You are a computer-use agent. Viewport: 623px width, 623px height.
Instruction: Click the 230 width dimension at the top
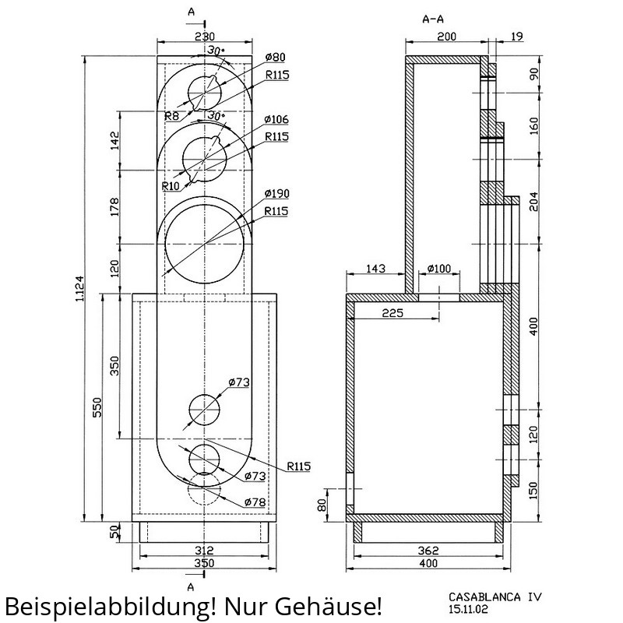coord(204,37)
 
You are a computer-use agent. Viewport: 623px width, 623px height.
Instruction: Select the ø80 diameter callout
coord(275,57)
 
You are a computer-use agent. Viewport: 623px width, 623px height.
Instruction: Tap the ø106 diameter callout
coord(276,119)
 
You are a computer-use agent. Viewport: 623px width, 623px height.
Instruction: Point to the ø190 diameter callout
coord(277,193)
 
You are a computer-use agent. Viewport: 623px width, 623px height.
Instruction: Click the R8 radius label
coord(171,116)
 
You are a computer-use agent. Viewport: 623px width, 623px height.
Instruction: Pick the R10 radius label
coord(171,185)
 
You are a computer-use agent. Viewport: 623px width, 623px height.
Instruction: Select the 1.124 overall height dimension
coord(79,288)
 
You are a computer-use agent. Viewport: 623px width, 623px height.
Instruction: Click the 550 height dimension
coord(97,407)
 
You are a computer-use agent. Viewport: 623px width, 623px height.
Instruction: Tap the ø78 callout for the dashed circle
coord(255,502)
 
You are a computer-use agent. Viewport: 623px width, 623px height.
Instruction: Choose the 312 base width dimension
coord(204,551)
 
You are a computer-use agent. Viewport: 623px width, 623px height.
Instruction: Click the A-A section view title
coord(433,19)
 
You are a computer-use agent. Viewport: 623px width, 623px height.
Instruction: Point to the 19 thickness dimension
coord(516,37)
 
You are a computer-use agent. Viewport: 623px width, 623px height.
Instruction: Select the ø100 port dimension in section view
coord(439,269)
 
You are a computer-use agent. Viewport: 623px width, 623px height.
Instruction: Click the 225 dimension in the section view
coord(392,313)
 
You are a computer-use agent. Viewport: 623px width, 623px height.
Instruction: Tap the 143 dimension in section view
coord(375,269)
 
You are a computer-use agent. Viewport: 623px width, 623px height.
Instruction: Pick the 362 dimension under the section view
coord(428,551)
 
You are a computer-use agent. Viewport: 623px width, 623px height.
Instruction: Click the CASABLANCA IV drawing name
coord(495,597)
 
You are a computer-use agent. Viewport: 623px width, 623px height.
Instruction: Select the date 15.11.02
coord(468,609)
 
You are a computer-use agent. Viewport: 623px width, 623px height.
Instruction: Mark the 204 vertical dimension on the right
coord(534,202)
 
